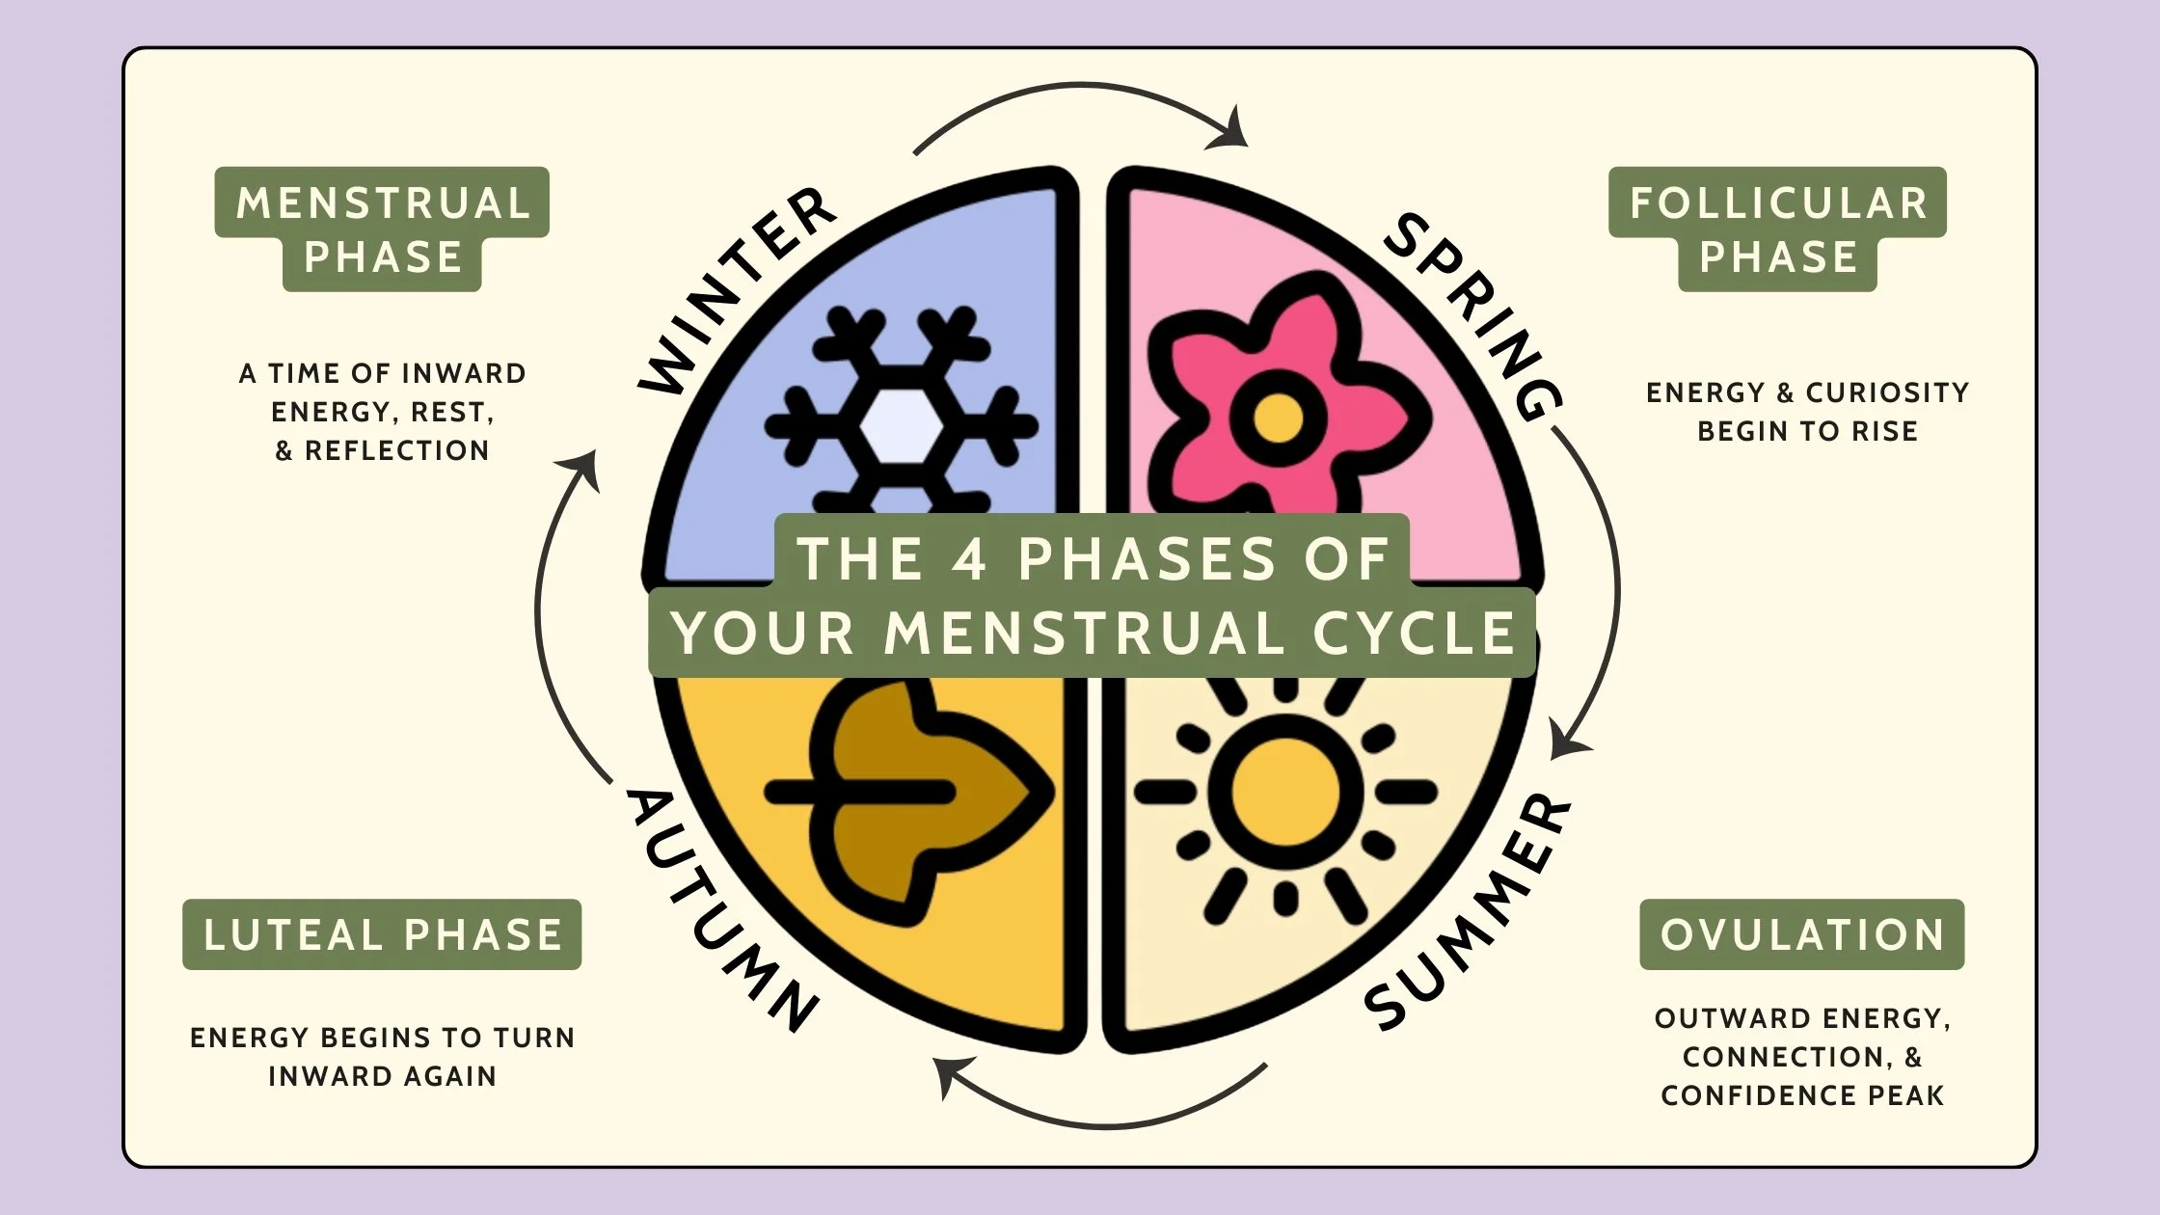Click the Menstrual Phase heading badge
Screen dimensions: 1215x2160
click(382, 229)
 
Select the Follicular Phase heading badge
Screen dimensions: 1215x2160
click(1777, 229)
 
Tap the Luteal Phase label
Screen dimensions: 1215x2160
click(382, 934)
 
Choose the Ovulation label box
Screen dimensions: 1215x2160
click(1801, 934)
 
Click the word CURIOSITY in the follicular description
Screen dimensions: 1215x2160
click(1887, 392)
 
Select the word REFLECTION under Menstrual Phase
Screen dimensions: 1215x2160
click(396, 450)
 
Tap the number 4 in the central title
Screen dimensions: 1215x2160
click(969, 558)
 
